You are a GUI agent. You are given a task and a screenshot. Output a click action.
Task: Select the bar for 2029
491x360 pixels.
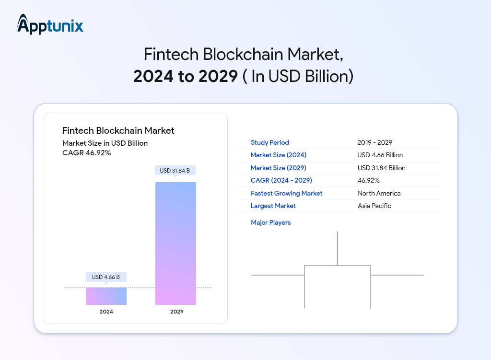175,243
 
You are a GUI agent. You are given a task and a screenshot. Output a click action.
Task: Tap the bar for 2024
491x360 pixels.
106,296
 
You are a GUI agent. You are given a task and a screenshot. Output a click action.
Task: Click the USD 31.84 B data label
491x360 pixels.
175,171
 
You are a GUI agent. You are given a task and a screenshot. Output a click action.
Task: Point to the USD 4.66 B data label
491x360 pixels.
106,277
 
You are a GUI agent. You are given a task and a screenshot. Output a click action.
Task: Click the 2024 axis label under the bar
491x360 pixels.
106,312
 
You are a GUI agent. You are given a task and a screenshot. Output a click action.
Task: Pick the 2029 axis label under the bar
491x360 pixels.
176,312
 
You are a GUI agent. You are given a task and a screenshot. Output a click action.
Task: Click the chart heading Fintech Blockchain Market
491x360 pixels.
118,130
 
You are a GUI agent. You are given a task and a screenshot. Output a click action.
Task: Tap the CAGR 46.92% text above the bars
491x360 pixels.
87,153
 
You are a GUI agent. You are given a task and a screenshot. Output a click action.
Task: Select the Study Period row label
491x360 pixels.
269,142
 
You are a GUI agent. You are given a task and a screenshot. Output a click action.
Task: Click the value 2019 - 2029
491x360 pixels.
375,142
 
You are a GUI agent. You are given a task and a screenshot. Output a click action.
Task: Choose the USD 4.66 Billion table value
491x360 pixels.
380,155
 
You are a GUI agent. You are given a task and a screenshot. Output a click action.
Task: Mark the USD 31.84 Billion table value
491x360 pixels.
382,168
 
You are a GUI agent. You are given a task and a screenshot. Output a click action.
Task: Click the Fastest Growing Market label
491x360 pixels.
286,193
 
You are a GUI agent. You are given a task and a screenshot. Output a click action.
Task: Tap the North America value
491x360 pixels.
379,193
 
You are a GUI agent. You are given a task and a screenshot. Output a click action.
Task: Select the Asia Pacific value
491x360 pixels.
374,206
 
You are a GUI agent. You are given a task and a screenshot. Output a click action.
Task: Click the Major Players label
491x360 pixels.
270,222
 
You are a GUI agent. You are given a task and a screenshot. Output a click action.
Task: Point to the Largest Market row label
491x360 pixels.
273,206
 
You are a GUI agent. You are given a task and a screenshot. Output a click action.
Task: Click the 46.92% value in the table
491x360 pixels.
369,181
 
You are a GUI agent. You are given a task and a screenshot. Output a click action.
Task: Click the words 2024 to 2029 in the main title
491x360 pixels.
186,77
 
